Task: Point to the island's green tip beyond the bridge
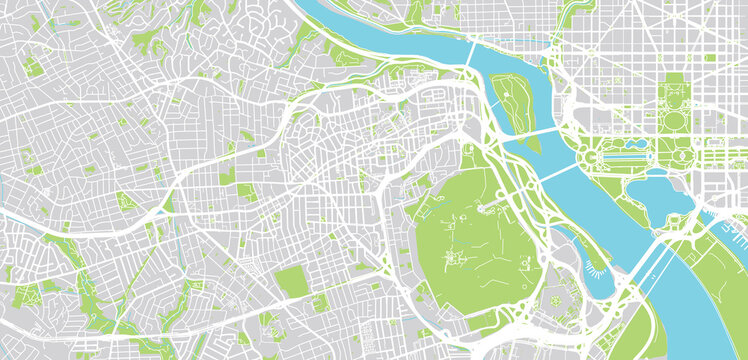click(x=532, y=144)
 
